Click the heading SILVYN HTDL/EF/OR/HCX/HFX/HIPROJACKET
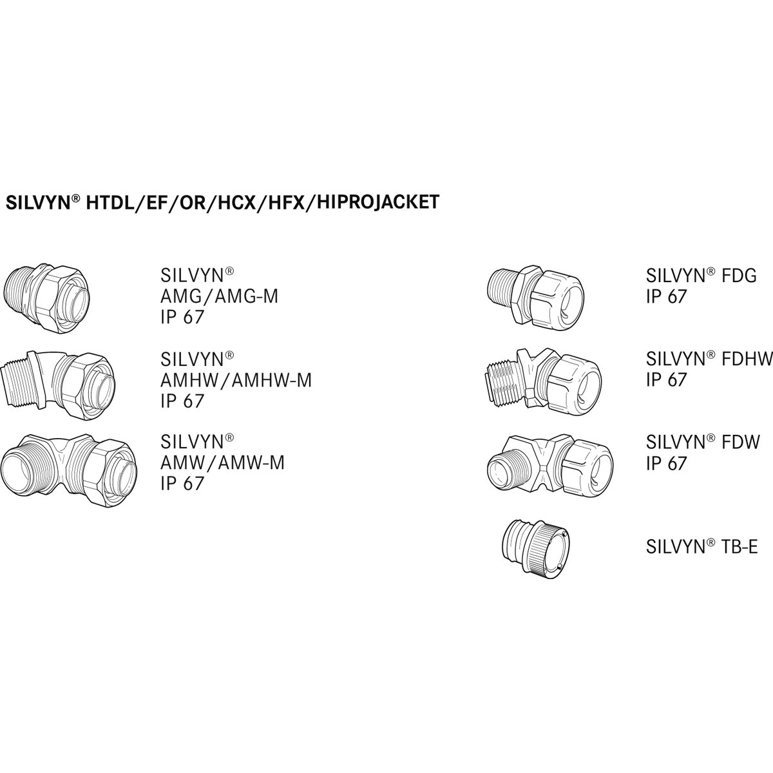tap(222, 202)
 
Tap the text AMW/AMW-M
tap(222, 463)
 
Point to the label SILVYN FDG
tap(701, 276)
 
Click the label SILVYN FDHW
tap(709, 359)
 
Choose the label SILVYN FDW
tap(703, 442)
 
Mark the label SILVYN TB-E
tap(701, 548)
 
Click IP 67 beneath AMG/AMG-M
tap(182, 317)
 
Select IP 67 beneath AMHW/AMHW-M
tap(182, 401)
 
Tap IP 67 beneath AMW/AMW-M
tap(182, 483)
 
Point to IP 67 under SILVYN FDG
tap(667, 296)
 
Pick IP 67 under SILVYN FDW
tap(667, 463)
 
